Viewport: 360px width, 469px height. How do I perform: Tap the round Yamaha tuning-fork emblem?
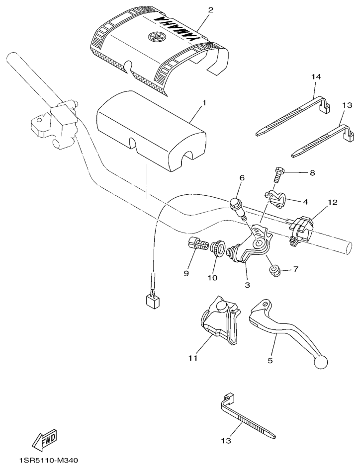pos(155,38)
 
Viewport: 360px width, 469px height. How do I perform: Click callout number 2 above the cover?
pos(211,10)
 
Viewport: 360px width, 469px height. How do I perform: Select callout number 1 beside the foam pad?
pos(204,103)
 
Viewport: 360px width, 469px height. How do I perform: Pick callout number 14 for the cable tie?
pos(316,77)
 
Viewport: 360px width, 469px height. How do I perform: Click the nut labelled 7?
pos(273,271)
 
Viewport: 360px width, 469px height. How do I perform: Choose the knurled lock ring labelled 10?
pos(218,249)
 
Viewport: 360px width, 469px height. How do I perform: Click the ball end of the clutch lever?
pos(321,363)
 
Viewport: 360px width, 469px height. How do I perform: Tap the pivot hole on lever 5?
pos(265,304)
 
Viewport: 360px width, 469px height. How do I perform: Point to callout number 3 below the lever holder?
pos(247,285)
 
